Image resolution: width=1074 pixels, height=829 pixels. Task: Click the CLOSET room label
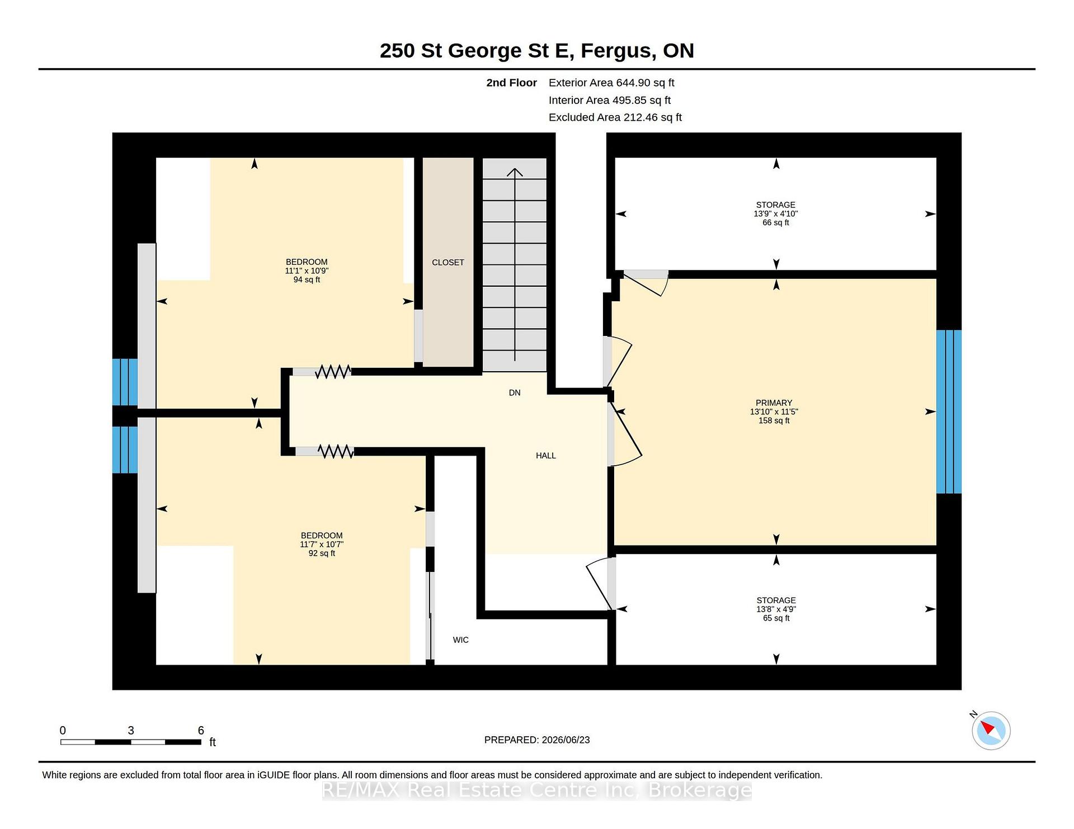point(448,262)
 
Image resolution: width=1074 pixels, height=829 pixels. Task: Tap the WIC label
point(461,639)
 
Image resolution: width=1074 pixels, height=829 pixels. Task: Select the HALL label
point(546,456)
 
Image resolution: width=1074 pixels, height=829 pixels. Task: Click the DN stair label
point(515,392)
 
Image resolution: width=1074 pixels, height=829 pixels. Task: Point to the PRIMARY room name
point(774,402)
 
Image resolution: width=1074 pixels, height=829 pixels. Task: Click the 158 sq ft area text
point(774,420)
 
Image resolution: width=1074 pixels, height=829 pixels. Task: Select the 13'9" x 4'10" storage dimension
point(776,214)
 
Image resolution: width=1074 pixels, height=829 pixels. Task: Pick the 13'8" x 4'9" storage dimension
point(776,609)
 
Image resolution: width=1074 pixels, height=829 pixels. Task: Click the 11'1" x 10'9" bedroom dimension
point(307,271)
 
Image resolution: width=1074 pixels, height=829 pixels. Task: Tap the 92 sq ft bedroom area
point(322,553)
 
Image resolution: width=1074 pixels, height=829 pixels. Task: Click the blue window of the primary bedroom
point(949,411)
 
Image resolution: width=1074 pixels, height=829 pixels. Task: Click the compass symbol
point(991,730)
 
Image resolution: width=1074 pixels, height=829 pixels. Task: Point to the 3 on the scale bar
point(131,730)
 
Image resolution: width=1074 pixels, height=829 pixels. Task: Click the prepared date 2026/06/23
point(566,740)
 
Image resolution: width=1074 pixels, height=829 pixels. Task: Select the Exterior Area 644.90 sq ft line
point(611,83)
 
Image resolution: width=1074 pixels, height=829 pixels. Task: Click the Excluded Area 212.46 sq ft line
point(615,117)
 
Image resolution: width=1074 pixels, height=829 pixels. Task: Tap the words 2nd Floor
point(511,83)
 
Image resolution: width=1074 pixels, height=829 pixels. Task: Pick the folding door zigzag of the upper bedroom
point(333,371)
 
